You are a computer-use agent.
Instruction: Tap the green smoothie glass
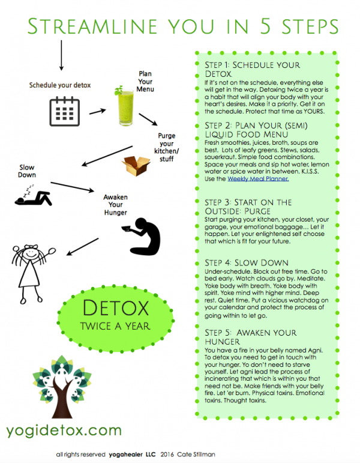123,105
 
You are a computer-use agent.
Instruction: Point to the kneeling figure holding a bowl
147,238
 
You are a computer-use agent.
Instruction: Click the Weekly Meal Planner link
257,178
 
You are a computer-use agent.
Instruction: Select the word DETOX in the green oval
115,309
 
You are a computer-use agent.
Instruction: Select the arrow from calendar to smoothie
97,110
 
